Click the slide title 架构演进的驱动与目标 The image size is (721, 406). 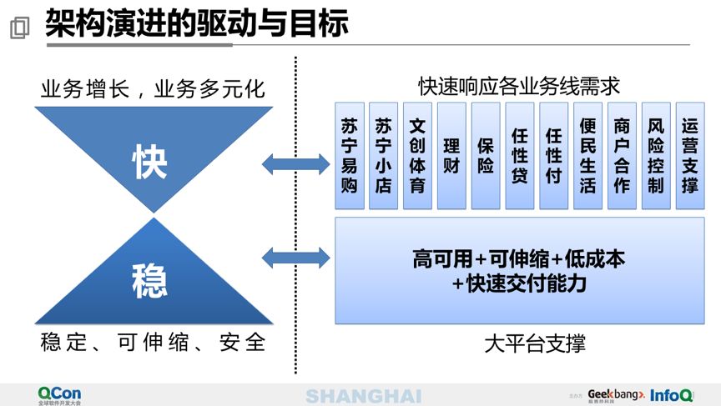[x=196, y=24]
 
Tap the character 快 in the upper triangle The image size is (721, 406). [x=150, y=161]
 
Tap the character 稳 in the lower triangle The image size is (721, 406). [x=150, y=280]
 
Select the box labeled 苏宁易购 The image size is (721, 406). [x=349, y=156]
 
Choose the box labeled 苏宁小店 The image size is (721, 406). [x=383, y=156]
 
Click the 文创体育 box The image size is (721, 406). [x=417, y=156]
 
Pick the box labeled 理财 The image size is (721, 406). [x=451, y=156]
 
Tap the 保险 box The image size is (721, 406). [x=486, y=156]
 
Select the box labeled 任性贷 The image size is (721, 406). [x=520, y=156]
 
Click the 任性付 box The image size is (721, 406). [x=553, y=156]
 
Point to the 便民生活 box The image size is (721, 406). [x=587, y=156]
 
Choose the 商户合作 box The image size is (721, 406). [x=622, y=156]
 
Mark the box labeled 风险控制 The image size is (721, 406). [x=656, y=156]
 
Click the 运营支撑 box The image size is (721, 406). [x=690, y=156]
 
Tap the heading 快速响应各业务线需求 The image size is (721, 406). [x=519, y=87]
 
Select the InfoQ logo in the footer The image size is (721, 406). [x=671, y=394]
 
